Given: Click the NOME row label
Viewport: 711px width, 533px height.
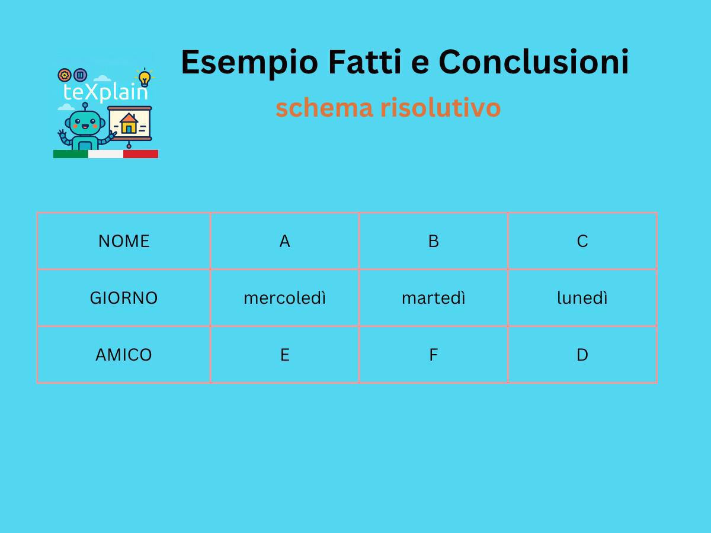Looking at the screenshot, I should (x=124, y=241).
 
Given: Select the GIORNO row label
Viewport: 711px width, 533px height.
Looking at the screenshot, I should (x=124, y=298).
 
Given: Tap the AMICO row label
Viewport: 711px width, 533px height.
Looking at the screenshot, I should (x=124, y=355).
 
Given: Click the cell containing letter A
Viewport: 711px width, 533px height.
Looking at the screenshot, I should (x=285, y=241).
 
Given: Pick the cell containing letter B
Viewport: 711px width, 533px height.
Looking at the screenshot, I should (x=434, y=241).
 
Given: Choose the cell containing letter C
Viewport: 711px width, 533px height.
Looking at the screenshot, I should (x=582, y=241).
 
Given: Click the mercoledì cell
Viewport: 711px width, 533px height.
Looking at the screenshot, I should (x=285, y=298).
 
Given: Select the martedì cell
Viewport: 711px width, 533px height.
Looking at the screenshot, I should (x=434, y=298).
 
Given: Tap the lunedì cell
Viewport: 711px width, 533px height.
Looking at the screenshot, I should (x=582, y=298).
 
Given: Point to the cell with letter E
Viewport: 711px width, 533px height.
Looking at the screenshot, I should (x=285, y=355).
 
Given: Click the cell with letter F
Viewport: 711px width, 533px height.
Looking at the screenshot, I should (x=434, y=355).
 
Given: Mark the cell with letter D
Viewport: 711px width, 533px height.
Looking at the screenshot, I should (x=582, y=355).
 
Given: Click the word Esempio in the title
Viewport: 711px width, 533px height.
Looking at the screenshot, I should (x=249, y=62).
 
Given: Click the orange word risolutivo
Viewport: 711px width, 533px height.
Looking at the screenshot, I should (x=440, y=108).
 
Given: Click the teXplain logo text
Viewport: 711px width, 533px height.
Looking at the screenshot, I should (x=105, y=92).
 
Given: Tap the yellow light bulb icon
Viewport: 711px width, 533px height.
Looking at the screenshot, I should (x=145, y=78).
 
